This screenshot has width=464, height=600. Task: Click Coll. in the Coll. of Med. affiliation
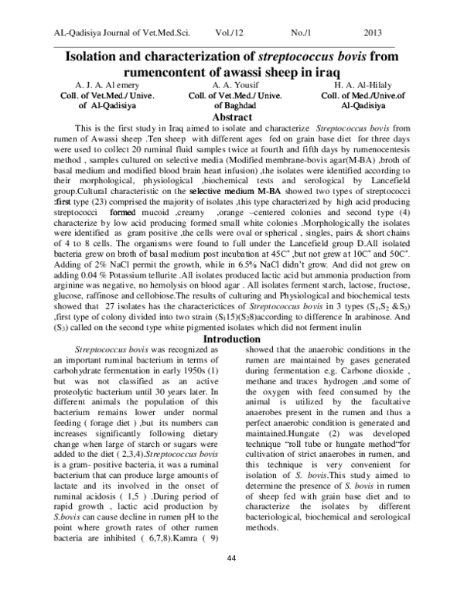tap(330, 96)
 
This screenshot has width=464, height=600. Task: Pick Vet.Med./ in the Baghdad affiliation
tap(241, 96)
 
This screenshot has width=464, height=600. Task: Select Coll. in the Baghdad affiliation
tap(197, 96)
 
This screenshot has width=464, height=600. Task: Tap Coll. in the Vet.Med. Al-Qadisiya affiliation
tap(70, 96)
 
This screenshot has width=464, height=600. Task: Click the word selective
tap(206, 191)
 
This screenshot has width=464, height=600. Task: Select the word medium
tap(244, 191)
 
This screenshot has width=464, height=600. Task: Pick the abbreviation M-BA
tap(270, 191)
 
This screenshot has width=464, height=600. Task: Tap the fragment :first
tap(62, 202)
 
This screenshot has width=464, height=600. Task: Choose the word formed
tap(123, 212)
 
